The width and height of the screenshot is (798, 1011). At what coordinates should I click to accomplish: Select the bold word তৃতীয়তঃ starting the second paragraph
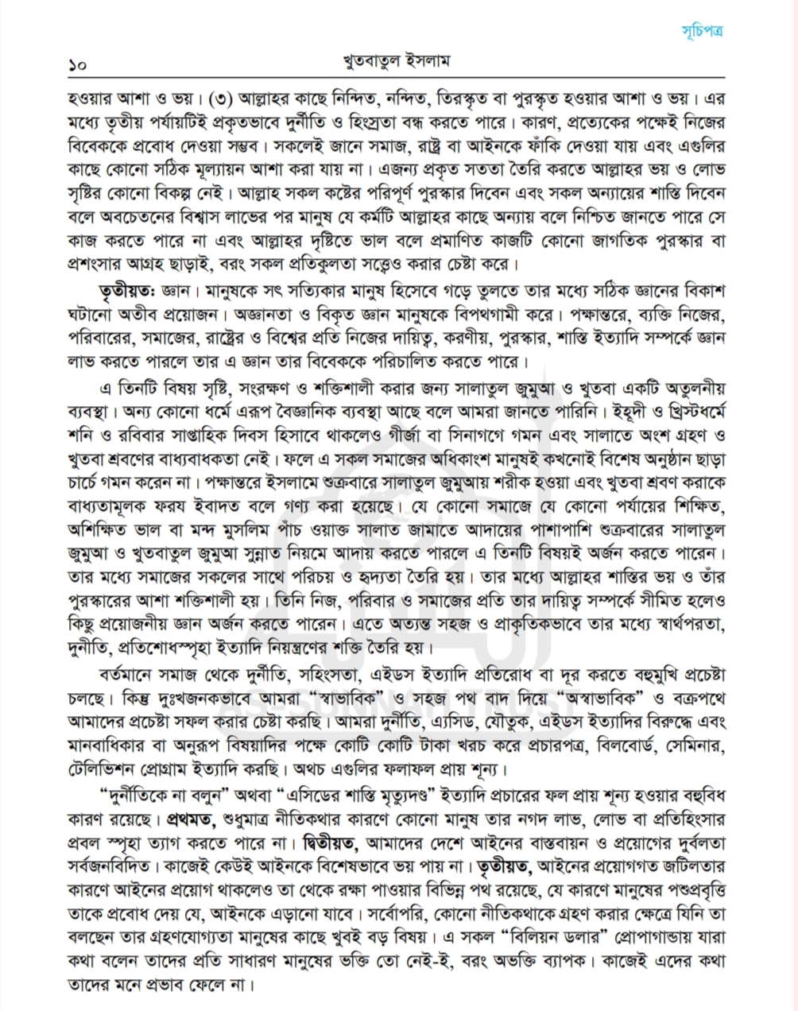click(126, 286)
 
